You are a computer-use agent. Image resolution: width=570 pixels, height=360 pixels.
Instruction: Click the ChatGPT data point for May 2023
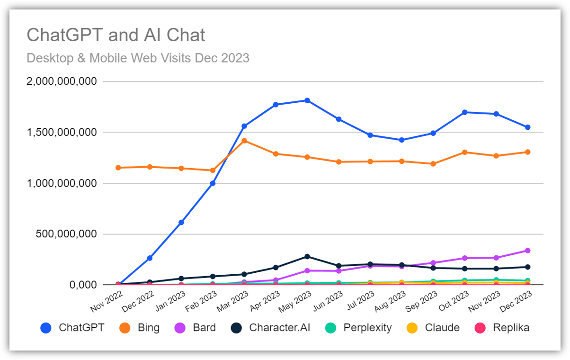pyautogui.click(x=307, y=100)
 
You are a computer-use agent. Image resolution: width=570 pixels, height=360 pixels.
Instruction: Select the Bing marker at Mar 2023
pyautogui.click(x=244, y=141)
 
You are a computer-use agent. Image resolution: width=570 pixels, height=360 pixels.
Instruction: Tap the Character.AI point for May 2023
pyautogui.click(x=307, y=256)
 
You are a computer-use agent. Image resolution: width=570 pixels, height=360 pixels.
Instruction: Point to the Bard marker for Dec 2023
pyautogui.click(x=527, y=251)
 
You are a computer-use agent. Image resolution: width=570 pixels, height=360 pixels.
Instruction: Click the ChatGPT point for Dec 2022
pyautogui.click(x=150, y=258)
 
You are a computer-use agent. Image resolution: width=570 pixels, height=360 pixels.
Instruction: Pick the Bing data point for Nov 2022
pyautogui.click(x=118, y=168)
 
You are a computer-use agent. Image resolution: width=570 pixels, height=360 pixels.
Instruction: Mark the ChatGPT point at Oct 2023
pyautogui.click(x=464, y=112)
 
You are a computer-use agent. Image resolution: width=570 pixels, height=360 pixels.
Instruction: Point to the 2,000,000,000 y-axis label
pyautogui.click(x=62, y=81)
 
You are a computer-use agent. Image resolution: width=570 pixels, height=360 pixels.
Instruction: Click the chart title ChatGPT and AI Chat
pyautogui.click(x=116, y=35)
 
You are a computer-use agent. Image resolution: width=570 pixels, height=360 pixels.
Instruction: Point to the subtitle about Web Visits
pyautogui.click(x=138, y=58)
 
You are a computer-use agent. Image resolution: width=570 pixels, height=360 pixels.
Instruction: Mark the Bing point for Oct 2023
pyautogui.click(x=464, y=152)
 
